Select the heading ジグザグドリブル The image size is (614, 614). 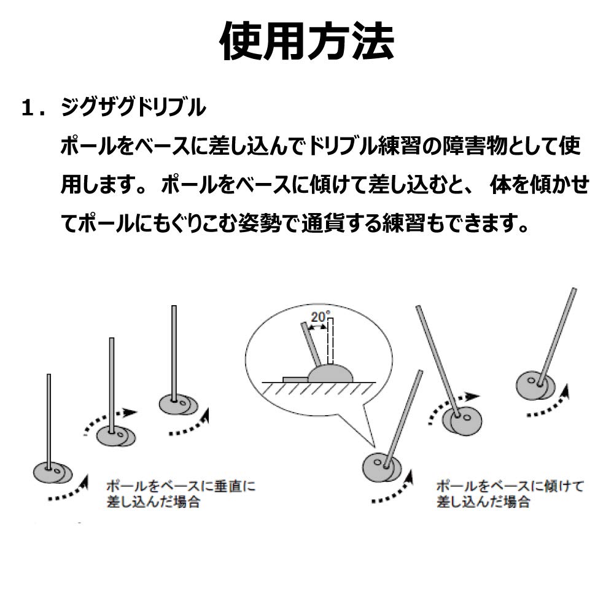click(x=133, y=107)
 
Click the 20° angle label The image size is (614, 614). click(x=321, y=316)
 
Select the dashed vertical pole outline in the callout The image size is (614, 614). click(x=330, y=341)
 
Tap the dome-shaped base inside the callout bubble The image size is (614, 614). click(x=330, y=373)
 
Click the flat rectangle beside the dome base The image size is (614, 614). click(x=295, y=379)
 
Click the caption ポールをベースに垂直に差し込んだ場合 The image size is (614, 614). click(x=181, y=494)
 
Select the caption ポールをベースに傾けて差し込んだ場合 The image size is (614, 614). click(x=510, y=494)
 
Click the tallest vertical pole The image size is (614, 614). click(x=174, y=353)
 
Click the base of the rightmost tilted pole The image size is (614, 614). click(x=535, y=386)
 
